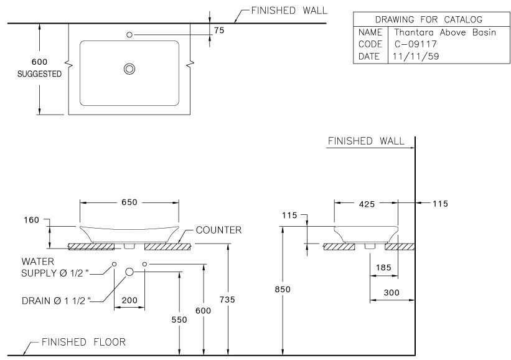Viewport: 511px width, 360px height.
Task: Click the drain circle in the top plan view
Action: [129, 69]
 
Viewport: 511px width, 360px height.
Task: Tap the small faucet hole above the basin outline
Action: [129, 34]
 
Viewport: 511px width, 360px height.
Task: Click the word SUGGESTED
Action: [39, 73]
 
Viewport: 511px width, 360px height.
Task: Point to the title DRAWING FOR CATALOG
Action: [428, 19]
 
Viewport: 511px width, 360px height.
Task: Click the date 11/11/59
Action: [415, 56]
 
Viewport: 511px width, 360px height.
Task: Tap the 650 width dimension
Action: [129, 202]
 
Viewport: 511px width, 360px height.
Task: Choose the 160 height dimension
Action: [32, 220]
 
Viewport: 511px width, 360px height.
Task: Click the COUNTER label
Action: [218, 230]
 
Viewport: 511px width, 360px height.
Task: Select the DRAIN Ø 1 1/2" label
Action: [55, 300]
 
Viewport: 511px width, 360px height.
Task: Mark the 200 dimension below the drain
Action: [129, 300]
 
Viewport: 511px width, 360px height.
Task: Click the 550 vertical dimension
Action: [179, 319]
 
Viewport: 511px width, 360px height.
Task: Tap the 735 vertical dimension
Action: [228, 300]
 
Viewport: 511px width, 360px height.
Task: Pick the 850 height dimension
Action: [283, 289]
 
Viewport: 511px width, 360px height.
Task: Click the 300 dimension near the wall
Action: [391, 293]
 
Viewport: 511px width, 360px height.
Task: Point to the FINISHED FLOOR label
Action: [83, 342]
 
